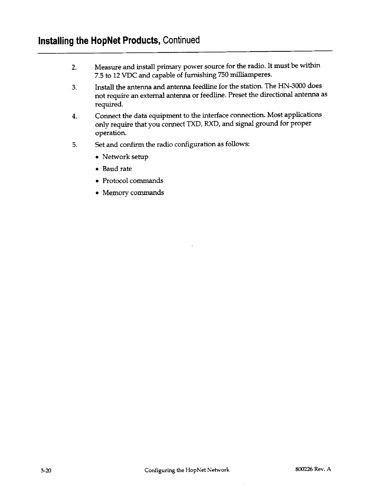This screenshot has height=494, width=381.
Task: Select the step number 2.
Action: pos(74,68)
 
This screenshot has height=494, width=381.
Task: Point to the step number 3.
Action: pos(74,87)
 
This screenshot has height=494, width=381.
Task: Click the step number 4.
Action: pos(74,117)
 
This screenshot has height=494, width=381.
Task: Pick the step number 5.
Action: pos(74,145)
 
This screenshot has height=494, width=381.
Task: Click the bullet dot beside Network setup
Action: pos(98,157)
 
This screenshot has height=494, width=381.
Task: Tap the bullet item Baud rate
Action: pos(117,169)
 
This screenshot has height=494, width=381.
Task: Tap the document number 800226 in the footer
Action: pos(302,469)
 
